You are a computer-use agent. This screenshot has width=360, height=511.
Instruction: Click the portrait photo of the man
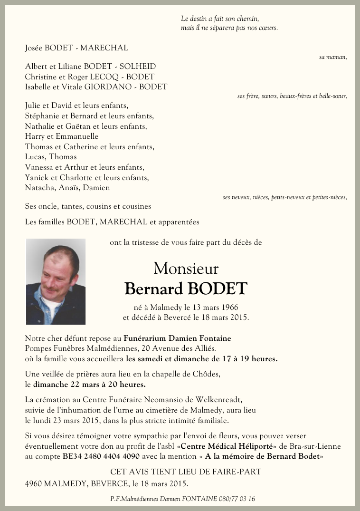tap(56, 281)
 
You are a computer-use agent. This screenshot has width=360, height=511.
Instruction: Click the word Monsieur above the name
tap(186, 269)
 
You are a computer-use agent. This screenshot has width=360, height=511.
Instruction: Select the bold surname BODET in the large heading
tap(218, 289)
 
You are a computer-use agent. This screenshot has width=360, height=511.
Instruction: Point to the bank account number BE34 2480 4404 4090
tap(101, 456)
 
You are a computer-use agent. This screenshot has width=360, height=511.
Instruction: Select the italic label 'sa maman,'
tap(333, 57)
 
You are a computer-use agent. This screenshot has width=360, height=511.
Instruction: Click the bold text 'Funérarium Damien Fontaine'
tap(177, 338)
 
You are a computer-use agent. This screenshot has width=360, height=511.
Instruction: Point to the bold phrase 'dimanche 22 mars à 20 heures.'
tap(89, 384)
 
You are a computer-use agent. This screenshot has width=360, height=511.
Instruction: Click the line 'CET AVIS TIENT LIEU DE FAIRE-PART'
tap(186, 472)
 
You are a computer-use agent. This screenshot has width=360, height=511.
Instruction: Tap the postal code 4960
tap(33, 484)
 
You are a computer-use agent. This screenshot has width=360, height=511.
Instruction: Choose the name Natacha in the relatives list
tap(38, 188)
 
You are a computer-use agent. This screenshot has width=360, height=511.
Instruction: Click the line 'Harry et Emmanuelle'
tap(62, 137)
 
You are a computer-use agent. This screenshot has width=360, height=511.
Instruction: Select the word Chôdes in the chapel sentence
tap(208, 374)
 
